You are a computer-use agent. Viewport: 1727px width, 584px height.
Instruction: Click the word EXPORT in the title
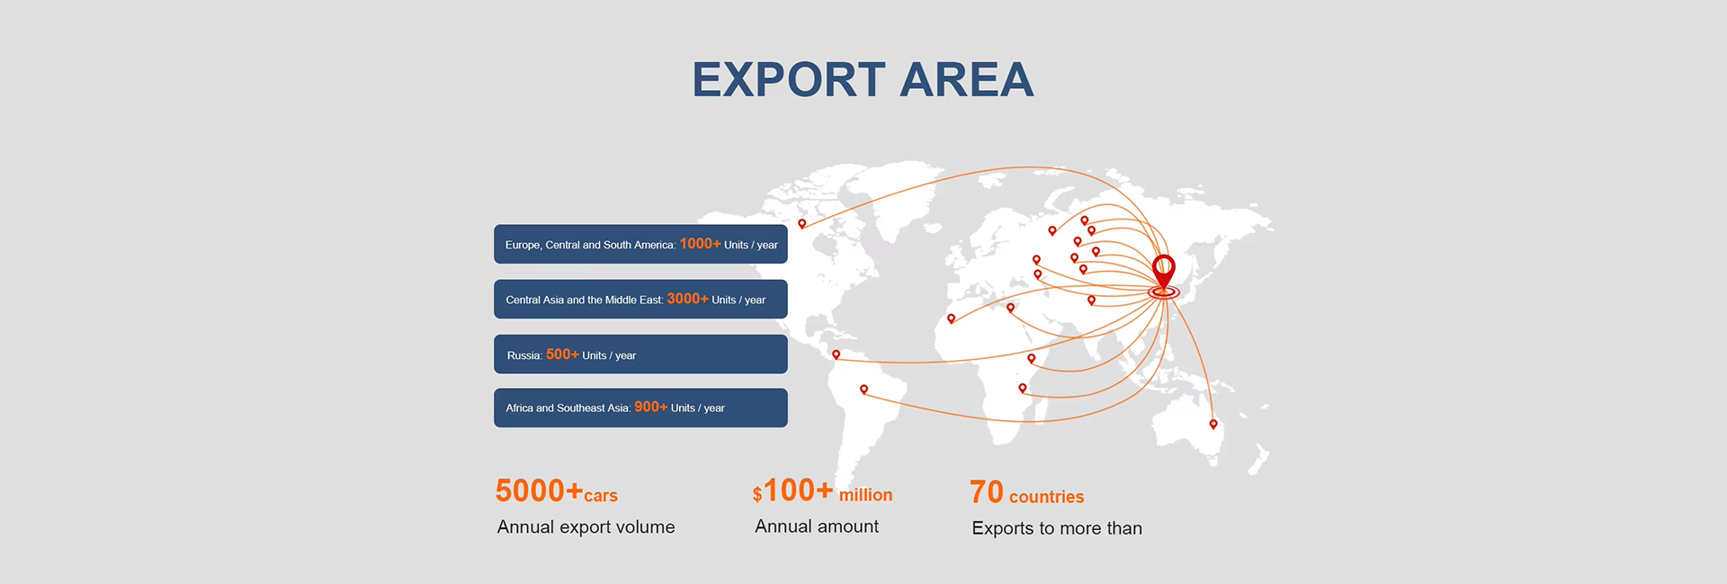[x=789, y=80]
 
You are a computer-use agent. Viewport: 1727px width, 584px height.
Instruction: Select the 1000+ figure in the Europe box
[x=699, y=244]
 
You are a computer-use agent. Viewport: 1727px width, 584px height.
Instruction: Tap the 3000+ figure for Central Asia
[x=687, y=299]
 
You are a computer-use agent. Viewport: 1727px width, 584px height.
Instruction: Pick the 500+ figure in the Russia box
[x=562, y=355]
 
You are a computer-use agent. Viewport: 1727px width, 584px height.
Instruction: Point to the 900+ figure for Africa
[x=650, y=408]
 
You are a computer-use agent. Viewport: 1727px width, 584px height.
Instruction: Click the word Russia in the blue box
[x=523, y=355]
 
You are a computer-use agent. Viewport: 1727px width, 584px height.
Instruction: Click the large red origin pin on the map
[x=1163, y=270]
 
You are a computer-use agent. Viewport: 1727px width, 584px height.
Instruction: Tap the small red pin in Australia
[x=1213, y=424]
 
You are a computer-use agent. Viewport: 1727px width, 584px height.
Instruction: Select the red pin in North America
[x=802, y=223]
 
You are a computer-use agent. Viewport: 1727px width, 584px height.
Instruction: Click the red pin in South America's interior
[x=863, y=390]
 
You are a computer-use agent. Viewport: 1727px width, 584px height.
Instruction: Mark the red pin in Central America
[x=836, y=355]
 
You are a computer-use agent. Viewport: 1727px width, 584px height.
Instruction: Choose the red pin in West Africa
[x=951, y=319]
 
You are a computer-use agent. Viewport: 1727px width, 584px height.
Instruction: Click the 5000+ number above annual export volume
[x=538, y=491]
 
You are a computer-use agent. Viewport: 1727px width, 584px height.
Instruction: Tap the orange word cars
[x=600, y=496]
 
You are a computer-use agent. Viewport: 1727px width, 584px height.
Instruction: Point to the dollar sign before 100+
[x=757, y=494]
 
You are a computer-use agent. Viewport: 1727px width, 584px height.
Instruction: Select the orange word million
[x=865, y=495]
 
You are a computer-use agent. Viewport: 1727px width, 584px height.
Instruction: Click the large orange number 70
[x=986, y=492]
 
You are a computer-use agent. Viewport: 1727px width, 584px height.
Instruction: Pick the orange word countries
[x=1046, y=497]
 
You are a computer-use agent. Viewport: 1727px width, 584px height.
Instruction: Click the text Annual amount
[x=816, y=526]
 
